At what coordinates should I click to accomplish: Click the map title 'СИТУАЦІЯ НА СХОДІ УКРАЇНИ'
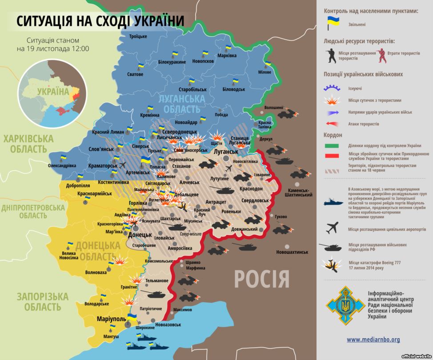pyautogui.click(x=100, y=20)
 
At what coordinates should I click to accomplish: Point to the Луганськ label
pyautogui.click(x=226, y=151)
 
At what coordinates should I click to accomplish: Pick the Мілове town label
pyautogui.click(x=265, y=72)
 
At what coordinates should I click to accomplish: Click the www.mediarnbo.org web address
pyautogui.click(x=373, y=340)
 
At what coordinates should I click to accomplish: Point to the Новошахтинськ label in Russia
pyautogui.click(x=292, y=252)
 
